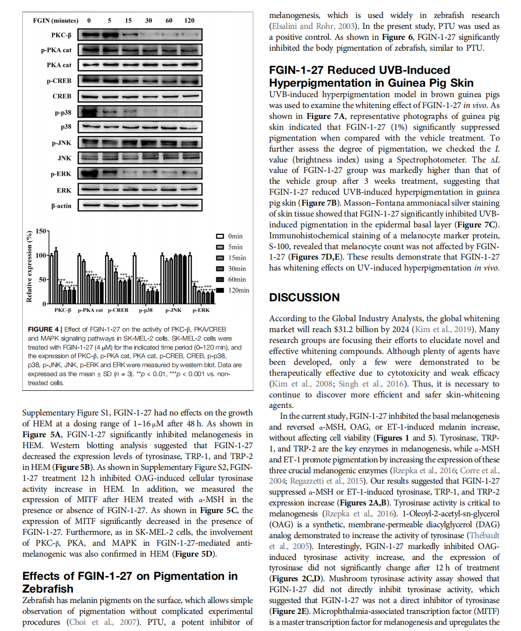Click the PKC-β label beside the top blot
[61, 35]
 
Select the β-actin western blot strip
[140, 205]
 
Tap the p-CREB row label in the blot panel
[59, 81]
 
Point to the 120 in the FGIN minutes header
[189, 20]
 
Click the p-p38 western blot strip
[140, 112]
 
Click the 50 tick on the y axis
[43, 279]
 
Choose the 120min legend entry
[233, 290]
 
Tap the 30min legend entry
[231, 268]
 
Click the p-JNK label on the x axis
[173, 310]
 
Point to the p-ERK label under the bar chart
[201, 310]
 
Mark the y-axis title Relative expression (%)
[29, 267]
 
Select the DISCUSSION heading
[304, 297]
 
